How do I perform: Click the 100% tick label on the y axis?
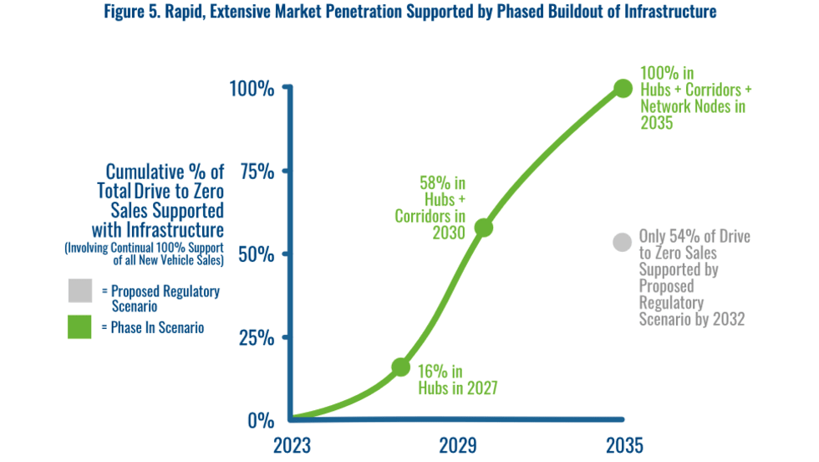pyautogui.click(x=251, y=88)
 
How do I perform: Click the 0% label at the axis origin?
pyautogui.click(x=261, y=420)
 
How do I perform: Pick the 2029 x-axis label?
pyautogui.click(x=458, y=444)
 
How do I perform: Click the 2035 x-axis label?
pyautogui.click(x=623, y=444)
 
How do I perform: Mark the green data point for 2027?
pyautogui.click(x=401, y=367)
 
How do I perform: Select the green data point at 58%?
pyautogui.click(x=483, y=227)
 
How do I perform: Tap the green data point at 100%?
pyautogui.click(x=623, y=88)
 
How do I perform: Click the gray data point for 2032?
pyautogui.click(x=621, y=242)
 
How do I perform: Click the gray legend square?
pyautogui.click(x=79, y=290)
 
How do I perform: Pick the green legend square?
pyautogui.click(x=79, y=327)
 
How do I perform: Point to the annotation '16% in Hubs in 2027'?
pyautogui.click(x=457, y=379)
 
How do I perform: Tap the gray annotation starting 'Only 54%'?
pyautogui.click(x=694, y=278)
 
